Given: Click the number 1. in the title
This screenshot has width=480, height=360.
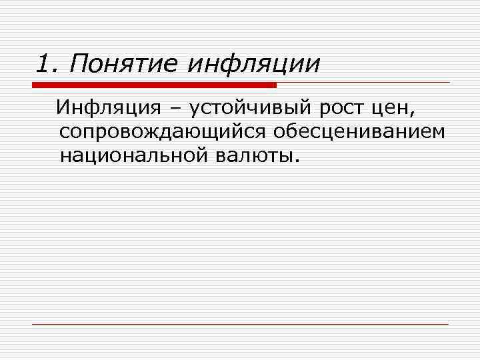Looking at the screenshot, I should (x=48, y=65).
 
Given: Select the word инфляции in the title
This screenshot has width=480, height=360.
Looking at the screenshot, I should (x=253, y=65).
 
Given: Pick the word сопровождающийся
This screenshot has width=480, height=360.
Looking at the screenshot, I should (x=163, y=132).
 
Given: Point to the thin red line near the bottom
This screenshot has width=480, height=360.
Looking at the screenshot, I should (x=240, y=324).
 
